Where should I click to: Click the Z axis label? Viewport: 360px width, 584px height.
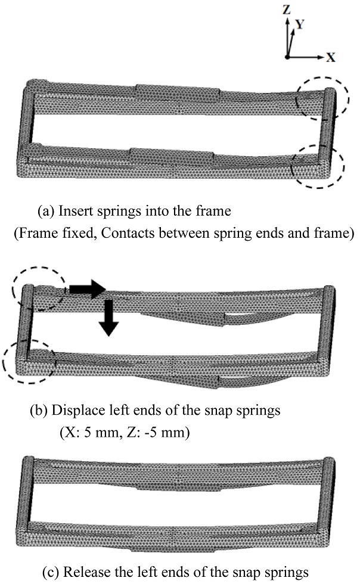tap(288, 9)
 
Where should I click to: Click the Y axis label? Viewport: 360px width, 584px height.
tap(302, 23)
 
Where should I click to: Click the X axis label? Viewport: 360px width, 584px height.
tap(330, 58)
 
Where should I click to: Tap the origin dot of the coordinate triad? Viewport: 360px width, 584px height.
tap(287, 58)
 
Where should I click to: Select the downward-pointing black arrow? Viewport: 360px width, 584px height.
tap(108, 319)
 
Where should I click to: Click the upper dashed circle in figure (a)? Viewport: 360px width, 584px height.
tap(322, 96)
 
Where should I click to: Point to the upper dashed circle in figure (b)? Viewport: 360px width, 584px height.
tap(38, 287)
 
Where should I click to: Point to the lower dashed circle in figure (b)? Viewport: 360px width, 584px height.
tap(29, 361)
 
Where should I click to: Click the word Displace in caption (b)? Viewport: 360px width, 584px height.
tap(73, 411)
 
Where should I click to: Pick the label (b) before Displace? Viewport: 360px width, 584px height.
tap(40, 411)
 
